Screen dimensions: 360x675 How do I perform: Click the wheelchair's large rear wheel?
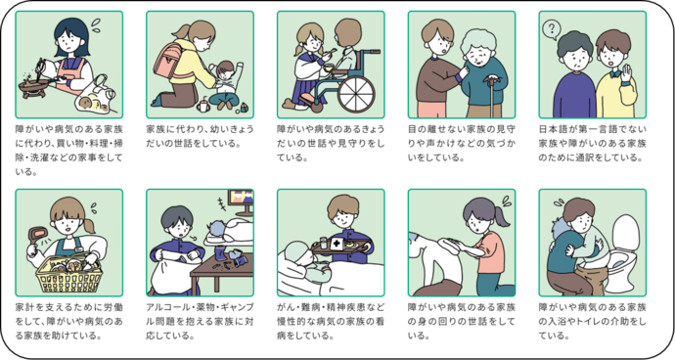click(355, 95)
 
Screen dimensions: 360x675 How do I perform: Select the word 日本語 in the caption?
click(555, 129)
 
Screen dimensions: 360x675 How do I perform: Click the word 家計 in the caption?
click(26, 307)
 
